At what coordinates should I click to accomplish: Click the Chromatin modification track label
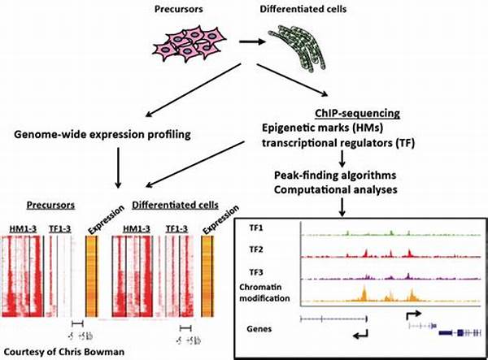(x=264, y=293)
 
